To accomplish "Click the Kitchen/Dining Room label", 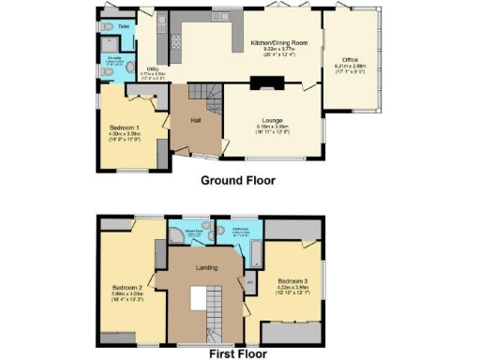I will point(278,43).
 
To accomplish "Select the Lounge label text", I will point(273,121).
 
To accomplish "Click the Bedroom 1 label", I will point(125,127).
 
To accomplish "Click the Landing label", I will point(206,267).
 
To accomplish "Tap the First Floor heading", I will point(238,353).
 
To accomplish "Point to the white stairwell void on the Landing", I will point(199,301).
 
